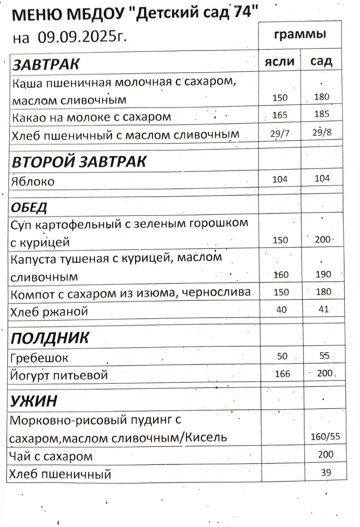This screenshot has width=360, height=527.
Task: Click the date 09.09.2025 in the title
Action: coord(82,37)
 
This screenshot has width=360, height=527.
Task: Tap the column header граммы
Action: coord(300,34)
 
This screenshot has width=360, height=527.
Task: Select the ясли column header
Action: coord(280,62)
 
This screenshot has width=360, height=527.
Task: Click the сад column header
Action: coord(321,61)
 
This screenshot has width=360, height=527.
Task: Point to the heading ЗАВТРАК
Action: coord(46,64)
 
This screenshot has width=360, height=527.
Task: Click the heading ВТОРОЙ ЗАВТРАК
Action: coord(79,162)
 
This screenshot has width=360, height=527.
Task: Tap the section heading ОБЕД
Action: coord(29,207)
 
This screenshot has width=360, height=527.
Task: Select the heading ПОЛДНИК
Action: coord(50,338)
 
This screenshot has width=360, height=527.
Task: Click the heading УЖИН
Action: coord(34,401)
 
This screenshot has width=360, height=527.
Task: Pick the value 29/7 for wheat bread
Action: coord(280,133)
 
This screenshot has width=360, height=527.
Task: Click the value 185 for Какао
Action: coord(322,114)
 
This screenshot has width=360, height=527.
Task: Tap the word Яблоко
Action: coord(33,182)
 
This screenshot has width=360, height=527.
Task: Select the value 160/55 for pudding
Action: coord(325,437)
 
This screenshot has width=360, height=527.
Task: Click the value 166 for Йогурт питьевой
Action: coord(283,374)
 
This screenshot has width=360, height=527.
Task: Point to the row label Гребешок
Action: coord(39,358)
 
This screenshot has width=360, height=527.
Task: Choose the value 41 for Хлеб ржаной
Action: coord(323,309)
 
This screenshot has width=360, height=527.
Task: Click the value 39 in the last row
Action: coord(326,473)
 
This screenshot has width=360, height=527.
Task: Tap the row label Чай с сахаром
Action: coord(51,456)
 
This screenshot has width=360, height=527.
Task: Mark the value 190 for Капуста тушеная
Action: coord(323,274)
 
